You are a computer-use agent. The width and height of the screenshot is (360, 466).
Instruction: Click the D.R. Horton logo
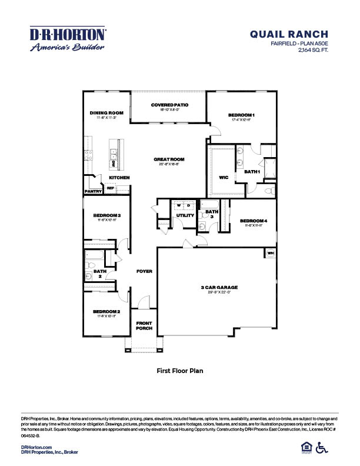(68, 38)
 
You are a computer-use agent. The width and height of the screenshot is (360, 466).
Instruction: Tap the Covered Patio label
(169, 104)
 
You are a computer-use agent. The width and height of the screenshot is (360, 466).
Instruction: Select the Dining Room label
(106, 113)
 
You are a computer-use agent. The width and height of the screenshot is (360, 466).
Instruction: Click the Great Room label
(169, 159)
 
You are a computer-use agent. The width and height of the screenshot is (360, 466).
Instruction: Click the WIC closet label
(223, 176)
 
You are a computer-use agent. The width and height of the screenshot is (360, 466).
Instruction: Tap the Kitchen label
(119, 177)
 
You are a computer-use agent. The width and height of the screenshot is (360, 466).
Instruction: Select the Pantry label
(94, 191)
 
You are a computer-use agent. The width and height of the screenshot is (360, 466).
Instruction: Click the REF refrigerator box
(110, 188)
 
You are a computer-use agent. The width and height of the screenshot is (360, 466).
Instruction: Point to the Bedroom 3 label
(106, 216)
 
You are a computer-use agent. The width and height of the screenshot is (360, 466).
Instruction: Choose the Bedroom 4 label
(254, 221)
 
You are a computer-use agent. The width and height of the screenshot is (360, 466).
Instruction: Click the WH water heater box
(271, 253)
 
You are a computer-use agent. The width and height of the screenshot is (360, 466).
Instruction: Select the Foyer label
(144, 271)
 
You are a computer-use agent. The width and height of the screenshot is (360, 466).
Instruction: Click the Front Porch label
(144, 326)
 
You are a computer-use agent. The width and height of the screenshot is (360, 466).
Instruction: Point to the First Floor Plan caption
(179, 371)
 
